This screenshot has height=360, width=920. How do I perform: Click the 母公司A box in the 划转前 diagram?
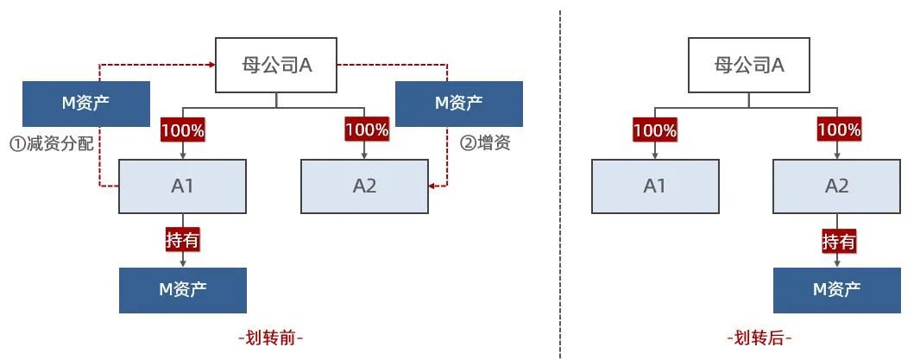coord(275,65)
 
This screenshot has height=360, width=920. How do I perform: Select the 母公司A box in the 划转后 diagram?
coord(749,65)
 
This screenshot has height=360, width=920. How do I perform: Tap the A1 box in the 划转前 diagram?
coord(182,186)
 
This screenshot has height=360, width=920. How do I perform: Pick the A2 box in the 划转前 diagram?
coord(364,186)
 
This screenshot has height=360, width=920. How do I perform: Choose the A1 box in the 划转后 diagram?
coord(655,186)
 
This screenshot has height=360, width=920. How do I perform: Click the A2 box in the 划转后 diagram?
coord(836,186)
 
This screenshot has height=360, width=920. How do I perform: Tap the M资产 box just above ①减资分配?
coord(86,104)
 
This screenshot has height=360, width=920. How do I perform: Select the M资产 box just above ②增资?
coord(458,104)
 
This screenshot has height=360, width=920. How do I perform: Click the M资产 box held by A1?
coord(182,290)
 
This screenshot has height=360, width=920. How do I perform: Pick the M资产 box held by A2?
coord(836,290)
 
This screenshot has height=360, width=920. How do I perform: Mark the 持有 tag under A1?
coord(182,239)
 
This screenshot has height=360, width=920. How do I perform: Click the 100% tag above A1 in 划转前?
coord(182,131)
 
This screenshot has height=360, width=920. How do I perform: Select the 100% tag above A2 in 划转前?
coord(367,129)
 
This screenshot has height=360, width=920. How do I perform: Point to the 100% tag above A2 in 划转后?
coord(839,130)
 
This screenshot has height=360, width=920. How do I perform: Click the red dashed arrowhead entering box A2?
coord(432,186)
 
